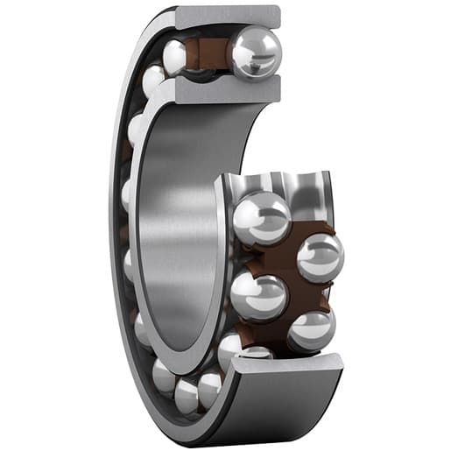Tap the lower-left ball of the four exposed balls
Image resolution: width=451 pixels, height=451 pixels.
(x=259, y=296)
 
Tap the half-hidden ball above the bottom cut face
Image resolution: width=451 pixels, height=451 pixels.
(x=256, y=352)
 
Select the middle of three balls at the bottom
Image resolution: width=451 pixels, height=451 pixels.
(x=187, y=394)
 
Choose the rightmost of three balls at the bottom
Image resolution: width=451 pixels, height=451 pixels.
(x=210, y=386)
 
